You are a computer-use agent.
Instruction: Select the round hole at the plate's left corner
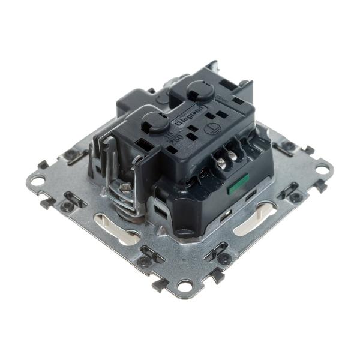(x=38, y=179)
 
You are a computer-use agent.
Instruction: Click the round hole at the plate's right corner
(x=322, y=169)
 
